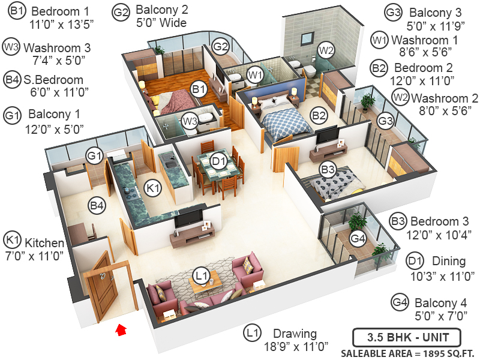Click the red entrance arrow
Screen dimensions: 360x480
(122, 328)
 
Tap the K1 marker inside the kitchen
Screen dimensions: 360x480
(154, 188)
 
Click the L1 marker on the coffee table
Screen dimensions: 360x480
(201, 276)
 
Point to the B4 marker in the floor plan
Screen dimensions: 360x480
(97, 206)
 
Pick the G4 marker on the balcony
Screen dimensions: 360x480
(358, 239)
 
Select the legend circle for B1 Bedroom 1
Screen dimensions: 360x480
(17, 11)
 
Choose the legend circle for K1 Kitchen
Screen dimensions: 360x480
(13, 240)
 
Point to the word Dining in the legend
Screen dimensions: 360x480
(445, 261)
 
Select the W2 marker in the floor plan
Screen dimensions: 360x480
(326, 49)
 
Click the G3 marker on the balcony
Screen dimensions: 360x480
(385, 121)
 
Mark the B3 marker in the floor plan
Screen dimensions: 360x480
(328, 169)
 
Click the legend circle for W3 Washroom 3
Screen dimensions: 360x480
(11, 46)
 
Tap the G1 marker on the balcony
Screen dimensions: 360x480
(94, 155)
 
